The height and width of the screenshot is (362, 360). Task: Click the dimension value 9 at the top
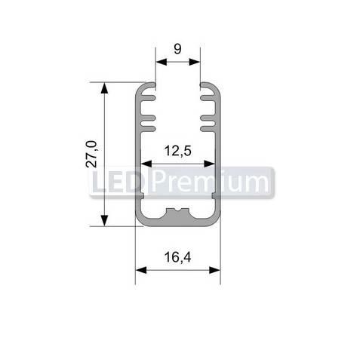tap(177, 50)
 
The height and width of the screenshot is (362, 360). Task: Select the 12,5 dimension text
tap(177, 151)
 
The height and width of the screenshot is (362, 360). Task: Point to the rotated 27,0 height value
tap(91, 153)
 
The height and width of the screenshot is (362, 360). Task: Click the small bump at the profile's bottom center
tap(178, 210)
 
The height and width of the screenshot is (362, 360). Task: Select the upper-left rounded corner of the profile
tap(140, 87)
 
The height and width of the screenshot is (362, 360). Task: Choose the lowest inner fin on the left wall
tap(146, 119)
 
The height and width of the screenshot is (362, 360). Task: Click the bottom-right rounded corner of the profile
tap(216, 221)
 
